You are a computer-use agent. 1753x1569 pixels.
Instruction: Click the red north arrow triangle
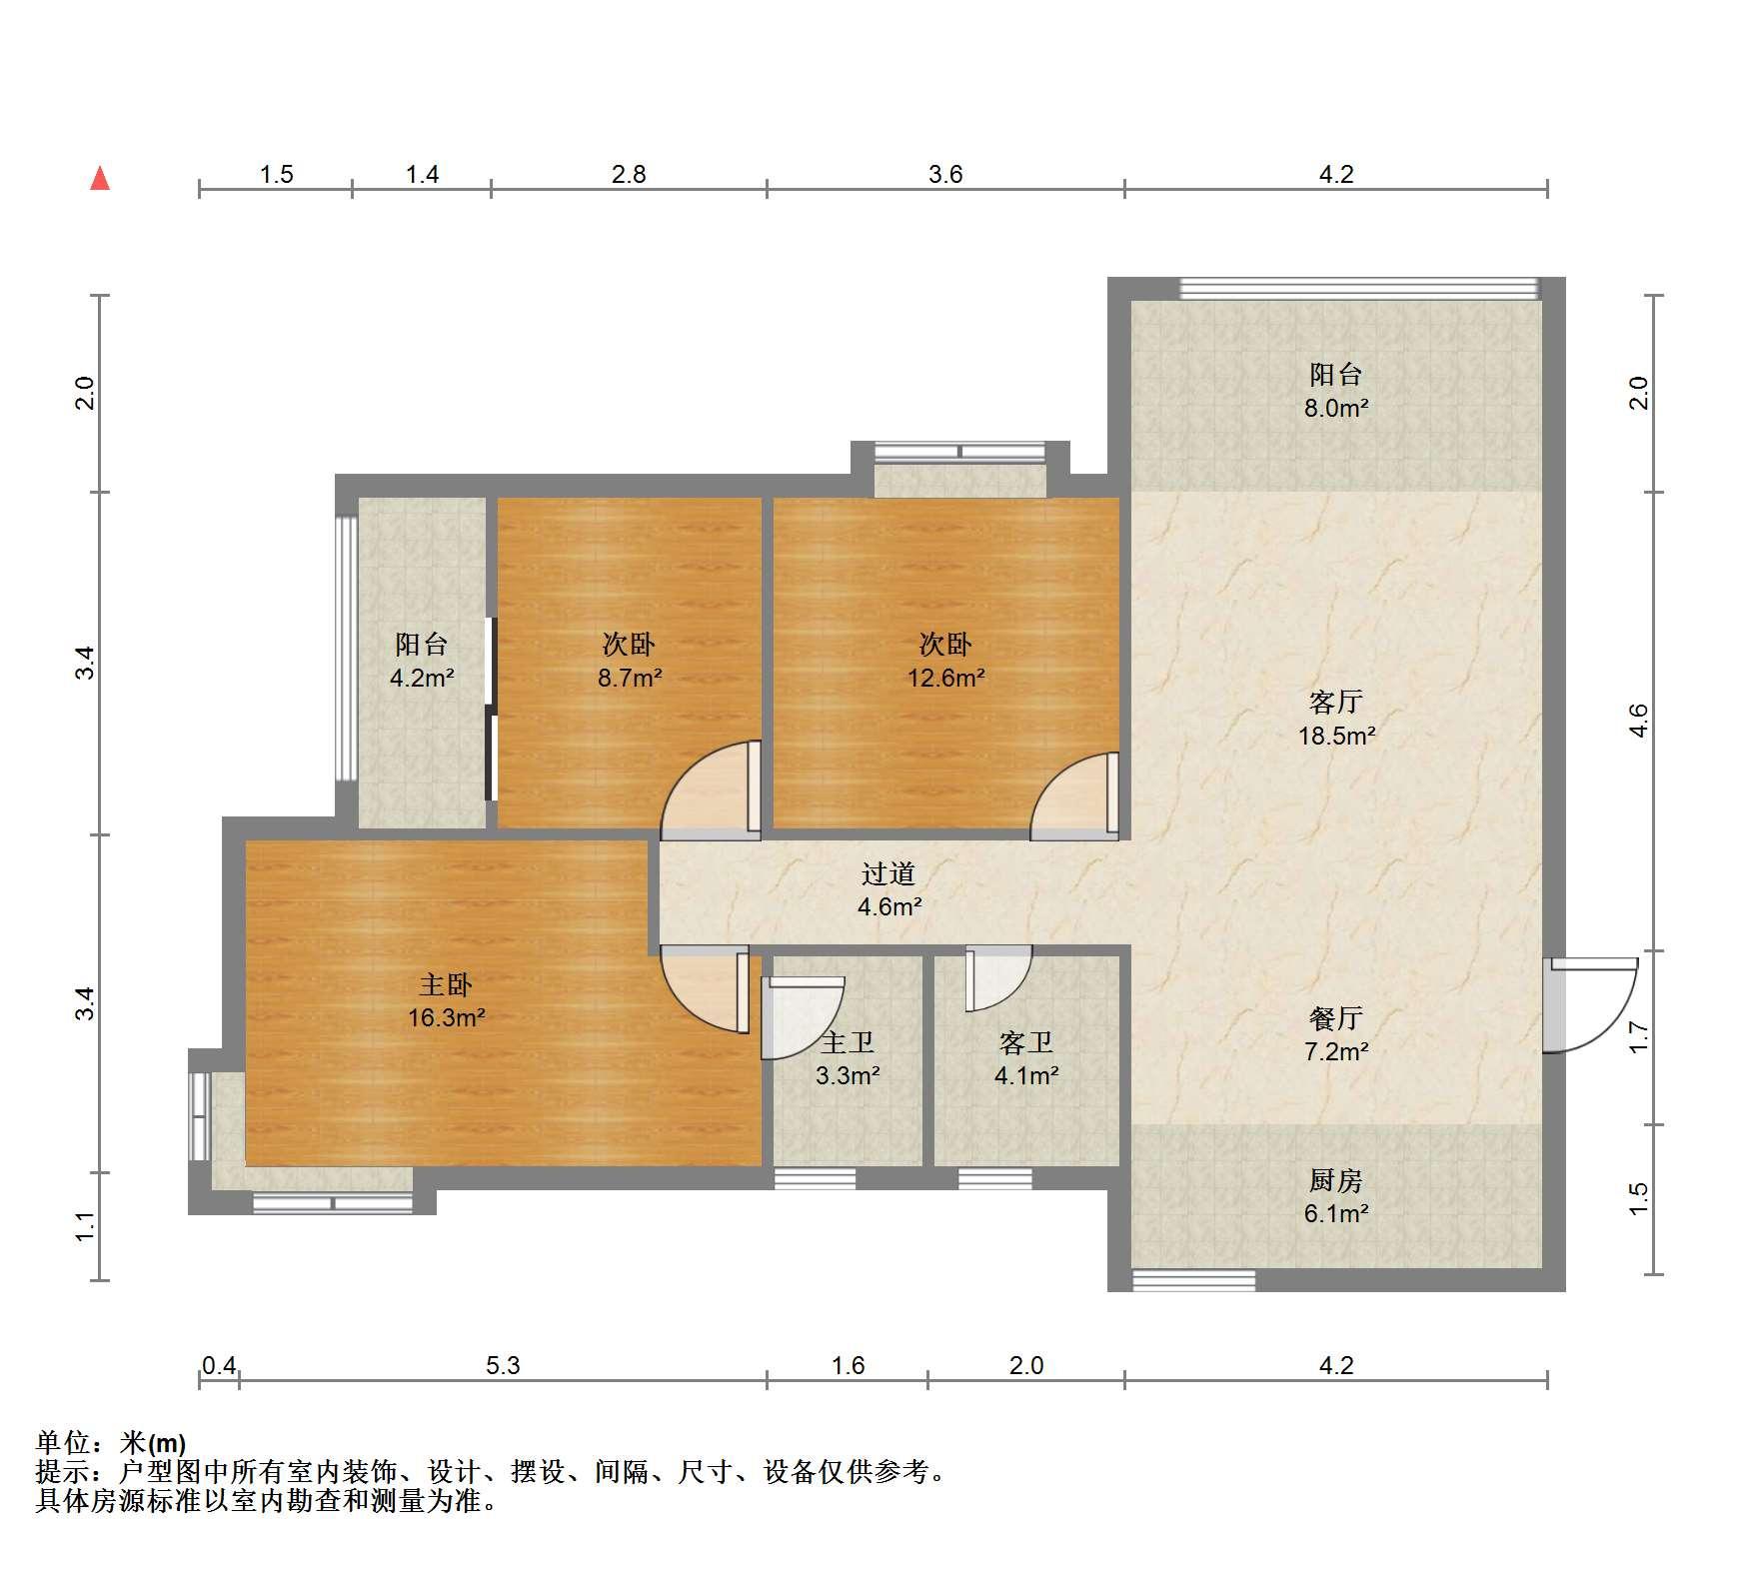[x=100, y=179]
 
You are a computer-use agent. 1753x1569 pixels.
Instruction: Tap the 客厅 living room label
[x=1335, y=703]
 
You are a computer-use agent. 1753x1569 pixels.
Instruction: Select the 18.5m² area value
[x=1336, y=737]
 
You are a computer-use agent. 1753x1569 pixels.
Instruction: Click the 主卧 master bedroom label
[x=446, y=985]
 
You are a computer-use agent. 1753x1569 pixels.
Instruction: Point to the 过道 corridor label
[x=888, y=874]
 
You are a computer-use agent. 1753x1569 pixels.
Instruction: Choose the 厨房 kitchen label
[x=1335, y=1181]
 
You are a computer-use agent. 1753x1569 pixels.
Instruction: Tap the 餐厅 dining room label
[x=1335, y=1018]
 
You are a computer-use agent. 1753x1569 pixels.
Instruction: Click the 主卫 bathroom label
[x=848, y=1043]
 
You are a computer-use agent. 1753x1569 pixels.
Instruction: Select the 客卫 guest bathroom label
[x=1026, y=1043]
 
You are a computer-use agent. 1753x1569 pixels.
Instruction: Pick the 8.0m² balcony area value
[x=1336, y=408]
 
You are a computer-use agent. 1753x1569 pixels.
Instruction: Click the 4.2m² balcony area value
[x=422, y=679]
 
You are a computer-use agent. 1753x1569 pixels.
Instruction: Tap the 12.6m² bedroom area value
[x=946, y=679]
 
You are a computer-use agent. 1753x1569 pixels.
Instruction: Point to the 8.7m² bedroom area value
[x=630, y=679]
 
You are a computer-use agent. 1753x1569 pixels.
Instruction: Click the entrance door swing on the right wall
[x=1589, y=1004]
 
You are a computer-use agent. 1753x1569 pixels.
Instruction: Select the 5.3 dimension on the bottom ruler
[x=504, y=1365]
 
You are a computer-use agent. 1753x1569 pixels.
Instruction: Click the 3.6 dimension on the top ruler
[x=945, y=175]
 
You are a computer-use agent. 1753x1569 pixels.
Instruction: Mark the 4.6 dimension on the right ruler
[x=1638, y=721]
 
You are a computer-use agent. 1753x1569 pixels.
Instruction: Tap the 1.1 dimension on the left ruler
[x=87, y=1226]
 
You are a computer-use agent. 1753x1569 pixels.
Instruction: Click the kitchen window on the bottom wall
[x=1193, y=1280]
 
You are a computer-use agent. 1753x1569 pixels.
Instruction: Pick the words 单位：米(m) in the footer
[x=111, y=1443]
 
